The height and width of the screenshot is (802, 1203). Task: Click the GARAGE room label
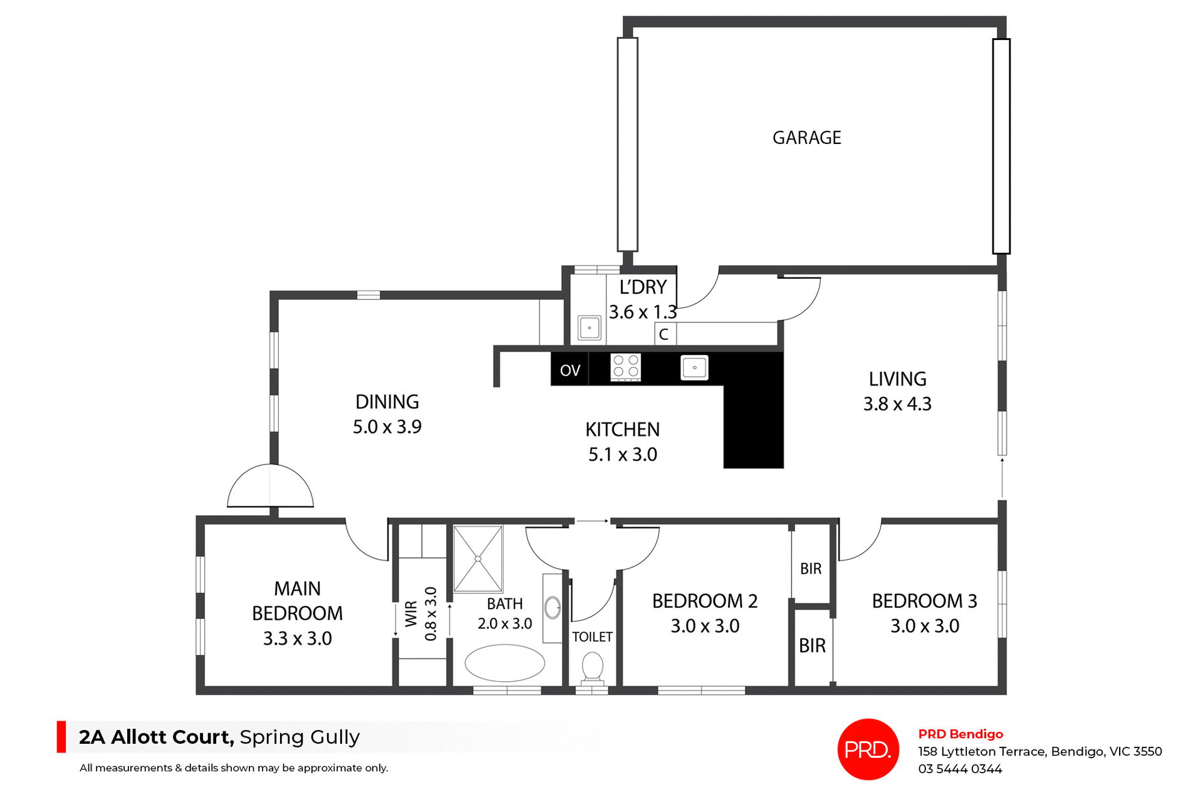point(806,138)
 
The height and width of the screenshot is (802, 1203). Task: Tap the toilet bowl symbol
point(592,667)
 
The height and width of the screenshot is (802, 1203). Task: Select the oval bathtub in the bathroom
point(504,663)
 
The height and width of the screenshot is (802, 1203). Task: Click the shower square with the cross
point(478,558)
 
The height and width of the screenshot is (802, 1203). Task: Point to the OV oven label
point(570,371)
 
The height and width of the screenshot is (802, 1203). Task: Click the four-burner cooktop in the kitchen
point(625,368)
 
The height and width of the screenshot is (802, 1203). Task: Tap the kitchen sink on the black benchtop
point(694,368)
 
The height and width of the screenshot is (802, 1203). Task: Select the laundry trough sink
point(589,328)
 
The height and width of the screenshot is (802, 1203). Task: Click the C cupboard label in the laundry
point(664,334)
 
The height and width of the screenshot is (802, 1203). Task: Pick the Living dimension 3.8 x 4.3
point(897,404)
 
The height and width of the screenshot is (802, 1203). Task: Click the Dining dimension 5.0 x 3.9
point(387,427)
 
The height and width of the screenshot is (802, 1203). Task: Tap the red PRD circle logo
point(868,749)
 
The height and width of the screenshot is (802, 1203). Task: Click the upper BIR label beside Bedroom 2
point(810,568)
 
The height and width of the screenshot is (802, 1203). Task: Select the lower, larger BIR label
point(812,645)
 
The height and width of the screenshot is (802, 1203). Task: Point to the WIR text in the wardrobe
point(411,614)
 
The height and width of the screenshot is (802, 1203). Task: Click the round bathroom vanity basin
point(552,607)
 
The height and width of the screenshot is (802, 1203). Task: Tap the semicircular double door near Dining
point(270,488)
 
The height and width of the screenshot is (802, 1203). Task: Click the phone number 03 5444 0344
point(960,769)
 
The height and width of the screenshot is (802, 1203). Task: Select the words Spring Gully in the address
point(299,737)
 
